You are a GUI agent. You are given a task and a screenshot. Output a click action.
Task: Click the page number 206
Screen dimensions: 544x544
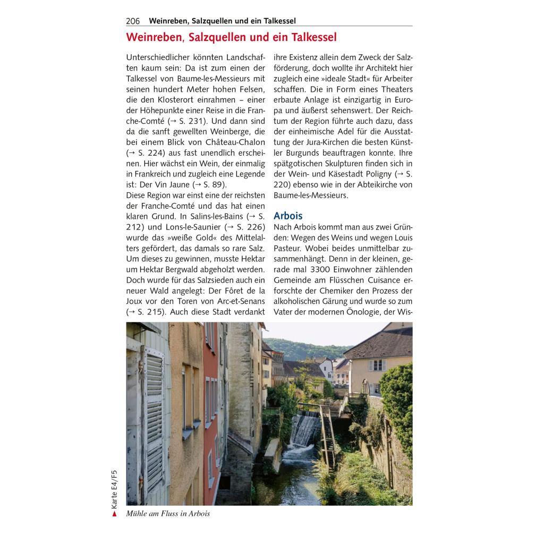pyautogui.click(x=133, y=21)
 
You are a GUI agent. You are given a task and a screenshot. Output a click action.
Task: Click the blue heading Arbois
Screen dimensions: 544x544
pyautogui.click(x=288, y=216)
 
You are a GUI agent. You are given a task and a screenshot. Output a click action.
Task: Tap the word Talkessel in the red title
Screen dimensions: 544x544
pyautogui.click(x=311, y=38)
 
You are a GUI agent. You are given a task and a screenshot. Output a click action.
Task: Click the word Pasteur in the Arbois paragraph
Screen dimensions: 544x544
pyautogui.click(x=290, y=248)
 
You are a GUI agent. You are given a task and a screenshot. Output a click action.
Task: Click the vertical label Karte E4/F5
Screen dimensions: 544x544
pyautogui.click(x=114, y=489)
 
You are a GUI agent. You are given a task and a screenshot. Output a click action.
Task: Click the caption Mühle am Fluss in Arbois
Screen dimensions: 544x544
pyautogui.click(x=168, y=514)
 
